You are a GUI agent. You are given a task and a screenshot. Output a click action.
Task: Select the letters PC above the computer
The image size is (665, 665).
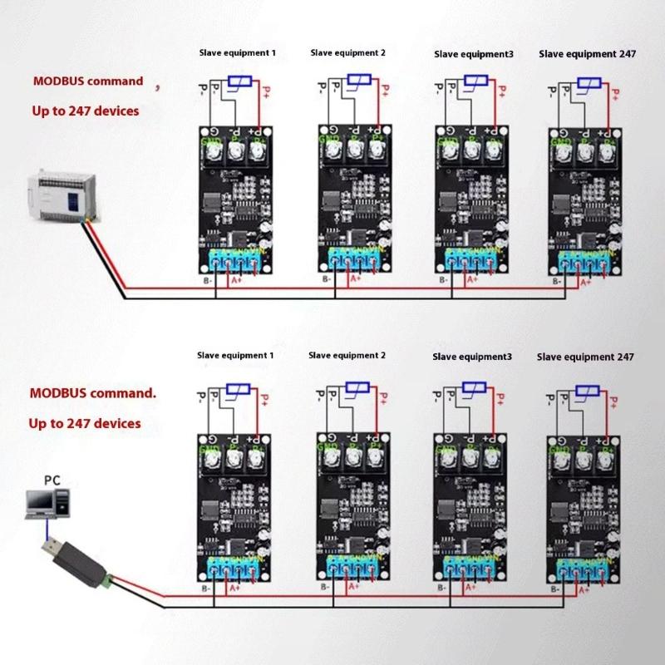52,480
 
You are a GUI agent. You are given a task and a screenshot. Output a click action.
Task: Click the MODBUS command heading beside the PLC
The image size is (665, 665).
88,81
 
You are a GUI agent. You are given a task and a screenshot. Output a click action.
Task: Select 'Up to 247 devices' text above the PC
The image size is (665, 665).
85,423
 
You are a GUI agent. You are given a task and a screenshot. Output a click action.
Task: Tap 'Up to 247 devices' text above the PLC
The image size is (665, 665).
86,110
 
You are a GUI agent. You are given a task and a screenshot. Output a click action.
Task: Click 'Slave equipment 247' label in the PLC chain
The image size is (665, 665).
588,54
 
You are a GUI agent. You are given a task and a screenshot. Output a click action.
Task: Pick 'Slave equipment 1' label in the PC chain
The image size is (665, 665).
235,355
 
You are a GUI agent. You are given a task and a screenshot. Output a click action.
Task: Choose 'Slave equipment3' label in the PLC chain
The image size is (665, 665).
474,54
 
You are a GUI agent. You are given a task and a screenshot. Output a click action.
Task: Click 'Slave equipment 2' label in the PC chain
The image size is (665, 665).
347,355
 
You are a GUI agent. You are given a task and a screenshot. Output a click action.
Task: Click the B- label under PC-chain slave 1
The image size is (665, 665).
207,589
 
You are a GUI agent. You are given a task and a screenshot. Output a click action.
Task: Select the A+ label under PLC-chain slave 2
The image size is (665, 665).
355,279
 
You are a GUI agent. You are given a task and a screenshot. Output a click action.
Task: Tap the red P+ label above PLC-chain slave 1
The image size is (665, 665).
266,92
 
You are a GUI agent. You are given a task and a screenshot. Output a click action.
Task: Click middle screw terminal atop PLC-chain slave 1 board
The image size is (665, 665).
236,150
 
